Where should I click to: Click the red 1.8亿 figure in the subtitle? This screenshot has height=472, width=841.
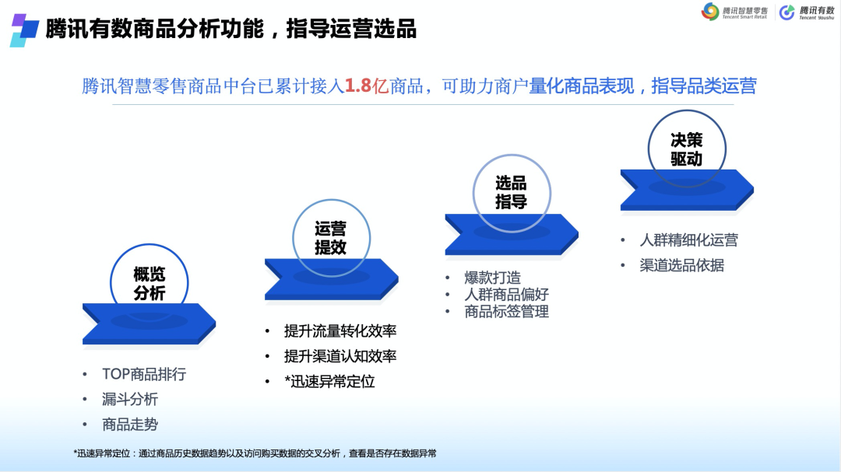coord(366,86)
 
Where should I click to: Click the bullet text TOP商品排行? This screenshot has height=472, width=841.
coord(144,374)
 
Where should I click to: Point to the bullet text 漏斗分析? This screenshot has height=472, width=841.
coord(130,399)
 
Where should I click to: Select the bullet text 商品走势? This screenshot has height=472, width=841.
coord(130,425)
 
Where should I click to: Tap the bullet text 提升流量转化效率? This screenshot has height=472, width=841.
coord(340,331)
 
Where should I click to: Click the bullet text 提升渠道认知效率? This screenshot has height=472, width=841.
coord(340,356)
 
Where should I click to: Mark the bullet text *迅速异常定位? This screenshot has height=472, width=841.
coord(329,382)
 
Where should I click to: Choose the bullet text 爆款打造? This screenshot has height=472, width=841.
coord(492,278)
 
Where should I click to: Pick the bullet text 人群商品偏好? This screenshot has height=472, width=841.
coord(506,294)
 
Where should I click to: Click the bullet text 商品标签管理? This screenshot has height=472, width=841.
coord(506,311)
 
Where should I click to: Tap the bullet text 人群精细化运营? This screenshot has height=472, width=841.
coord(688,240)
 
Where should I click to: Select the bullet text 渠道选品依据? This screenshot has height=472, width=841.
coord(681,265)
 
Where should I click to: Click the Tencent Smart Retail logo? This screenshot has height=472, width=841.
coord(734,12)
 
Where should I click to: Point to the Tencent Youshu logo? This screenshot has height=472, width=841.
coord(807,12)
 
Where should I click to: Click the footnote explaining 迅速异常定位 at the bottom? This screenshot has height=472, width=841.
coord(255,453)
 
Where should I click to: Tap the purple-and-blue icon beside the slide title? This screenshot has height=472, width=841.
coord(24,30)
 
